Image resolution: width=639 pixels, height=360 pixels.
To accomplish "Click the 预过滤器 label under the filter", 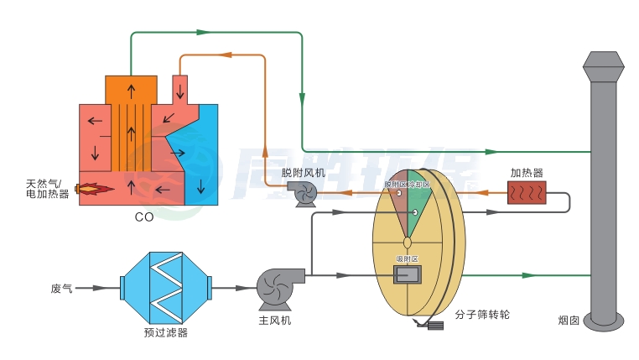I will coord(165,333).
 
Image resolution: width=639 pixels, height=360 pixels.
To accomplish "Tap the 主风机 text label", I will coord(275,321).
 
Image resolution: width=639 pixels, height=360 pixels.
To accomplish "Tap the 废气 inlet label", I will coord(62,288).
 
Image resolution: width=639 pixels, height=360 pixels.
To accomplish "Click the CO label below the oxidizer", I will coord(143,217).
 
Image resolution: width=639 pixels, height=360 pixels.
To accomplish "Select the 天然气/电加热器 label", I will coord(48,189).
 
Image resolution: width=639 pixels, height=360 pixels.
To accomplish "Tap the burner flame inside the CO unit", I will coord(94,190).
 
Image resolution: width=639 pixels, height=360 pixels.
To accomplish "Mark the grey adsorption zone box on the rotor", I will coord(407,274).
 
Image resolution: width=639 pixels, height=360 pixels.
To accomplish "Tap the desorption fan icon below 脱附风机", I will coord(303,194).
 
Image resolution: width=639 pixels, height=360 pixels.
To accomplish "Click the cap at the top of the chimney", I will coord(604,63).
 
